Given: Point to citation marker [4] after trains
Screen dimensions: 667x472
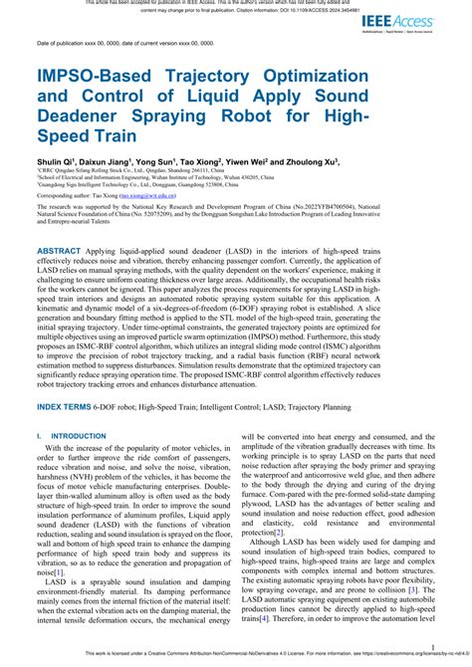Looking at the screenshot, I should point(264,618).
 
